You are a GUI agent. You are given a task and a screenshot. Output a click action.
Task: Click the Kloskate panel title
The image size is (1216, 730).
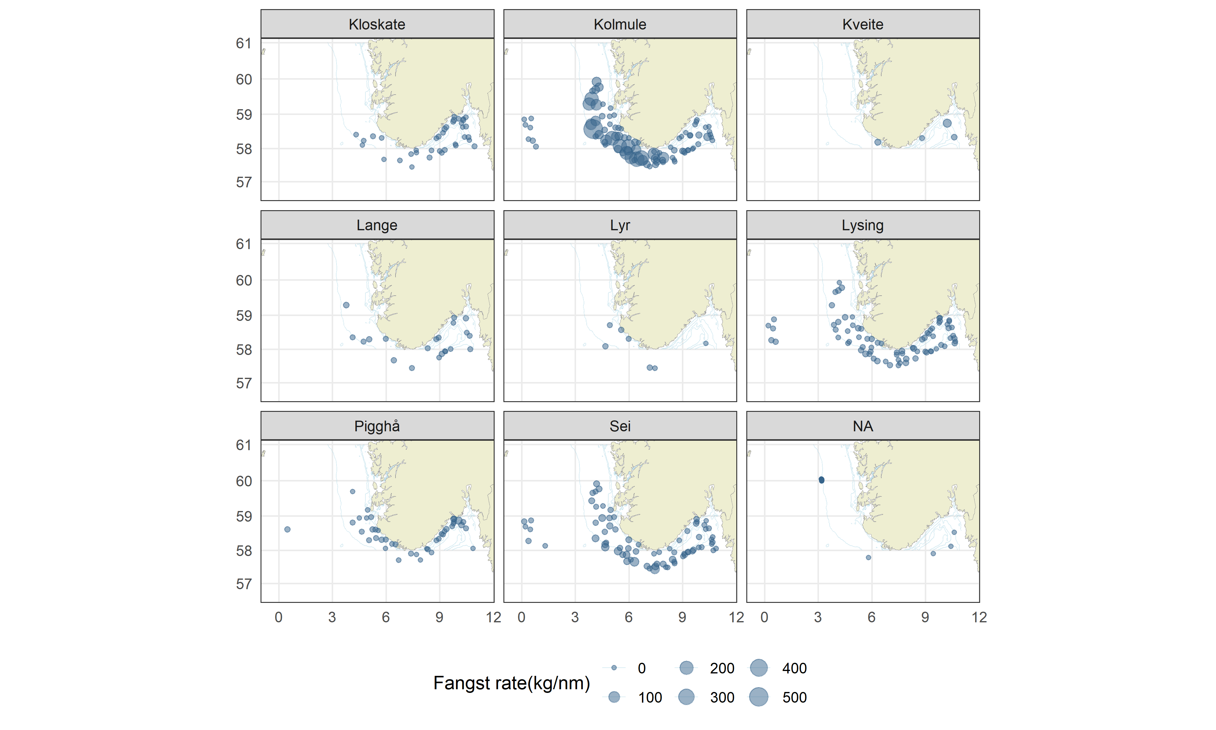pyautogui.click(x=377, y=24)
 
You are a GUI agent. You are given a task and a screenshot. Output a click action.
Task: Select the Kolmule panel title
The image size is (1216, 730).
pyautogui.click(x=620, y=24)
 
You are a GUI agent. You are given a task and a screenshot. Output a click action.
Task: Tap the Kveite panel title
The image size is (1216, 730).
pyautogui.click(x=863, y=24)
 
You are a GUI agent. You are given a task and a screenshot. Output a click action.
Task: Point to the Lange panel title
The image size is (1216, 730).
pyautogui.click(x=377, y=225)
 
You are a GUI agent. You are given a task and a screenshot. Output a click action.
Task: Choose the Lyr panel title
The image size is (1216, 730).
pyautogui.click(x=620, y=225)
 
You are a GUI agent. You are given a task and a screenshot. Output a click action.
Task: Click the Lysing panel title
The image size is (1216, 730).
pyautogui.click(x=863, y=225)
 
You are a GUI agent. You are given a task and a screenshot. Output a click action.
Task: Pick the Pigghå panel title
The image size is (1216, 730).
pyautogui.click(x=377, y=426)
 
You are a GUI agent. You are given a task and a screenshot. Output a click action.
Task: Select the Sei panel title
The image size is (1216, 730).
pyautogui.click(x=620, y=426)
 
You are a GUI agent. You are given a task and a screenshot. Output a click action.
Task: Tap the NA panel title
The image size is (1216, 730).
pyautogui.click(x=863, y=426)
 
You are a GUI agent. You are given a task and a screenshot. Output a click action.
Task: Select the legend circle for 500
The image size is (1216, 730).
pyautogui.click(x=758, y=697)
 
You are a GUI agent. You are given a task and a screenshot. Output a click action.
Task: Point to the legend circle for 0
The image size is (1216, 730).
pyautogui.click(x=614, y=668)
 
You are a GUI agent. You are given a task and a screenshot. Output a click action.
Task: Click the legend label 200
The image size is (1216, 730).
pyautogui.click(x=721, y=668)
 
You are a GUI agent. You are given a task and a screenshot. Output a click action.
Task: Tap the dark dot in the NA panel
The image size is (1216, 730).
pyautogui.click(x=821, y=480)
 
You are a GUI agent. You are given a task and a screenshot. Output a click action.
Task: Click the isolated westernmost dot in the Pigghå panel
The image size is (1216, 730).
pyautogui.click(x=288, y=529)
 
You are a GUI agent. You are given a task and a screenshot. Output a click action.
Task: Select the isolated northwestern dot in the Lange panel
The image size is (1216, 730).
pyautogui.click(x=346, y=305)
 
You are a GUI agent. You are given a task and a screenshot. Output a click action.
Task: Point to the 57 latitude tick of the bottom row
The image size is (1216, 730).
pyautogui.click(x=244, y=584)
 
